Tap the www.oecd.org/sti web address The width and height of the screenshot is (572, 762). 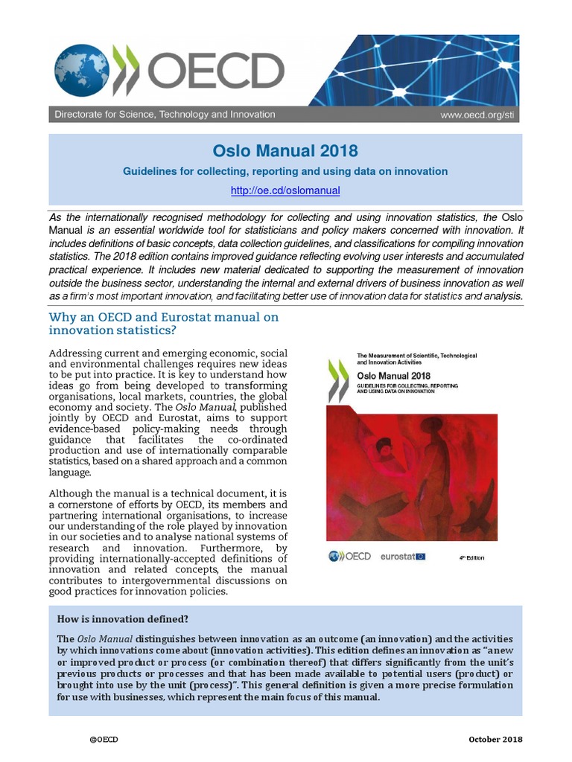pos(477,115)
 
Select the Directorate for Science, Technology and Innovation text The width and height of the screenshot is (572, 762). pos(165,115)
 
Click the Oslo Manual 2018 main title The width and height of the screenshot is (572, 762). pos(285,151)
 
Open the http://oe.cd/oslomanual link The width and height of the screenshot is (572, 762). pos(285,190)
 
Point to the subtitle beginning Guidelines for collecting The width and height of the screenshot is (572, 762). pos(285,171)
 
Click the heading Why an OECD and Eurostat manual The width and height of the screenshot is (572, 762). pos(163,324)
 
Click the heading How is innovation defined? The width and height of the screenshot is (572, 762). pos(122,619)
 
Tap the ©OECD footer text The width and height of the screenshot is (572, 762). pos(104,739)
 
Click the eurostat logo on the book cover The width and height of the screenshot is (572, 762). pos(402,556)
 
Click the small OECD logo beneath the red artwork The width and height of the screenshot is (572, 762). pos(349,556)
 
